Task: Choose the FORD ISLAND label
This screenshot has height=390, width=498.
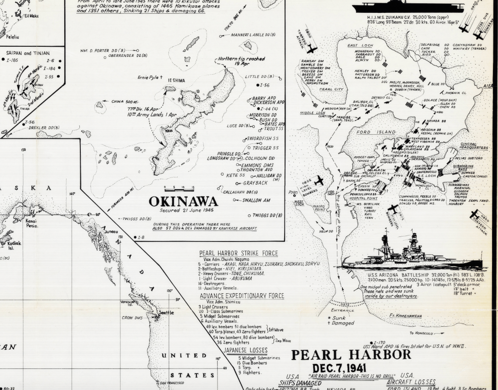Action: point(376,132)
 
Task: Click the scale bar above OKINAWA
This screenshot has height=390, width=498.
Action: point(179,188)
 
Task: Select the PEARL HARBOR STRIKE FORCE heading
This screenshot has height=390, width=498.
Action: point(238,253)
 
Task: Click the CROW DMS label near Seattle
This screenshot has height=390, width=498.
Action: point(133,317)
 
